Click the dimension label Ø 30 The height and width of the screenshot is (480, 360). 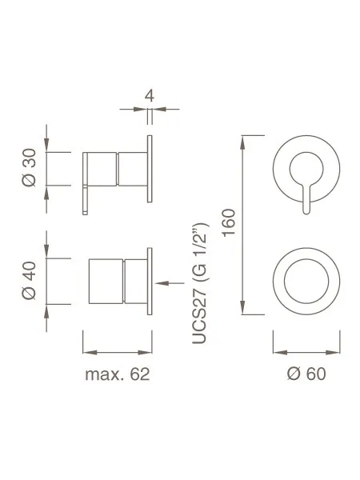[29, 167]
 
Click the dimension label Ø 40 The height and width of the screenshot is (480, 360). [29, 280]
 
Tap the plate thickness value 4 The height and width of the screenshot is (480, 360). [150, 96]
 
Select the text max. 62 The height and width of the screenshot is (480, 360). [118, 374]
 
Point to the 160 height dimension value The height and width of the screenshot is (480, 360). [229, 222]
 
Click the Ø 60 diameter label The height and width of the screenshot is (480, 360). [306, 374]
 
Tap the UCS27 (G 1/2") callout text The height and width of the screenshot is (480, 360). [201, 283]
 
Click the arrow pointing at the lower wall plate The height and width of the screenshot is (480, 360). [170, 283]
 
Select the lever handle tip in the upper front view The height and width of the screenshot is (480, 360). [306, 210]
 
